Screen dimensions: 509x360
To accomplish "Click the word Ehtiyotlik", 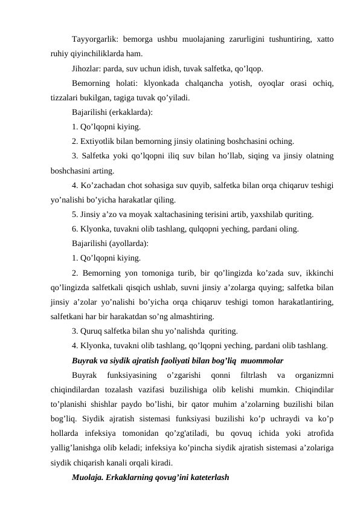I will point(100,141).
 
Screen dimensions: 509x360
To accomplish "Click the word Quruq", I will point(92,331).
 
